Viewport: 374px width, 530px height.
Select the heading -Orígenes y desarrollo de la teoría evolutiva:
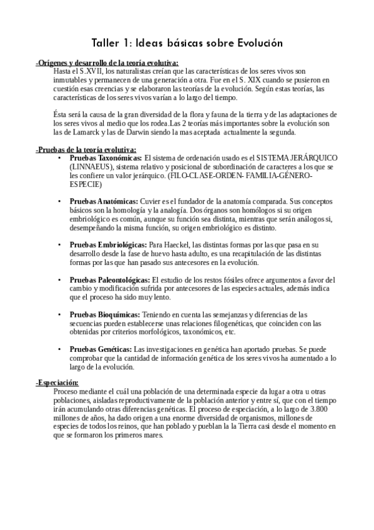107,63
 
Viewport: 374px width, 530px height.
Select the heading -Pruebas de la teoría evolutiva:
86,150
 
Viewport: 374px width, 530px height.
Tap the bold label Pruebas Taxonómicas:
106,159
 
